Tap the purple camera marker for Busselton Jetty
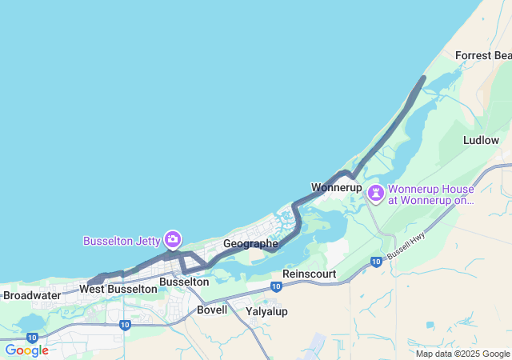coord(172,239)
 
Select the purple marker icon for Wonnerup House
coord(375,194)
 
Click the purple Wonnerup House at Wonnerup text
coord(430,195)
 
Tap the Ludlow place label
coord(481,140)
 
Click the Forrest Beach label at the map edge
coord(482,55)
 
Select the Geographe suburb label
coord(250,243)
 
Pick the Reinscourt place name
coord(309,274)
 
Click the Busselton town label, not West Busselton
coord(184,282)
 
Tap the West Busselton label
coord(118,289)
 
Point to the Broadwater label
coord(31,295)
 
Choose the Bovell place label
coord(212,310)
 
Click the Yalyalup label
coord(266,311)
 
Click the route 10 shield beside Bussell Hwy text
coord(375,262)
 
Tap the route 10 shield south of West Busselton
coord(125,325)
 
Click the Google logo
coord(26,350)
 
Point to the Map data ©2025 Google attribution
coord(462,354)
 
